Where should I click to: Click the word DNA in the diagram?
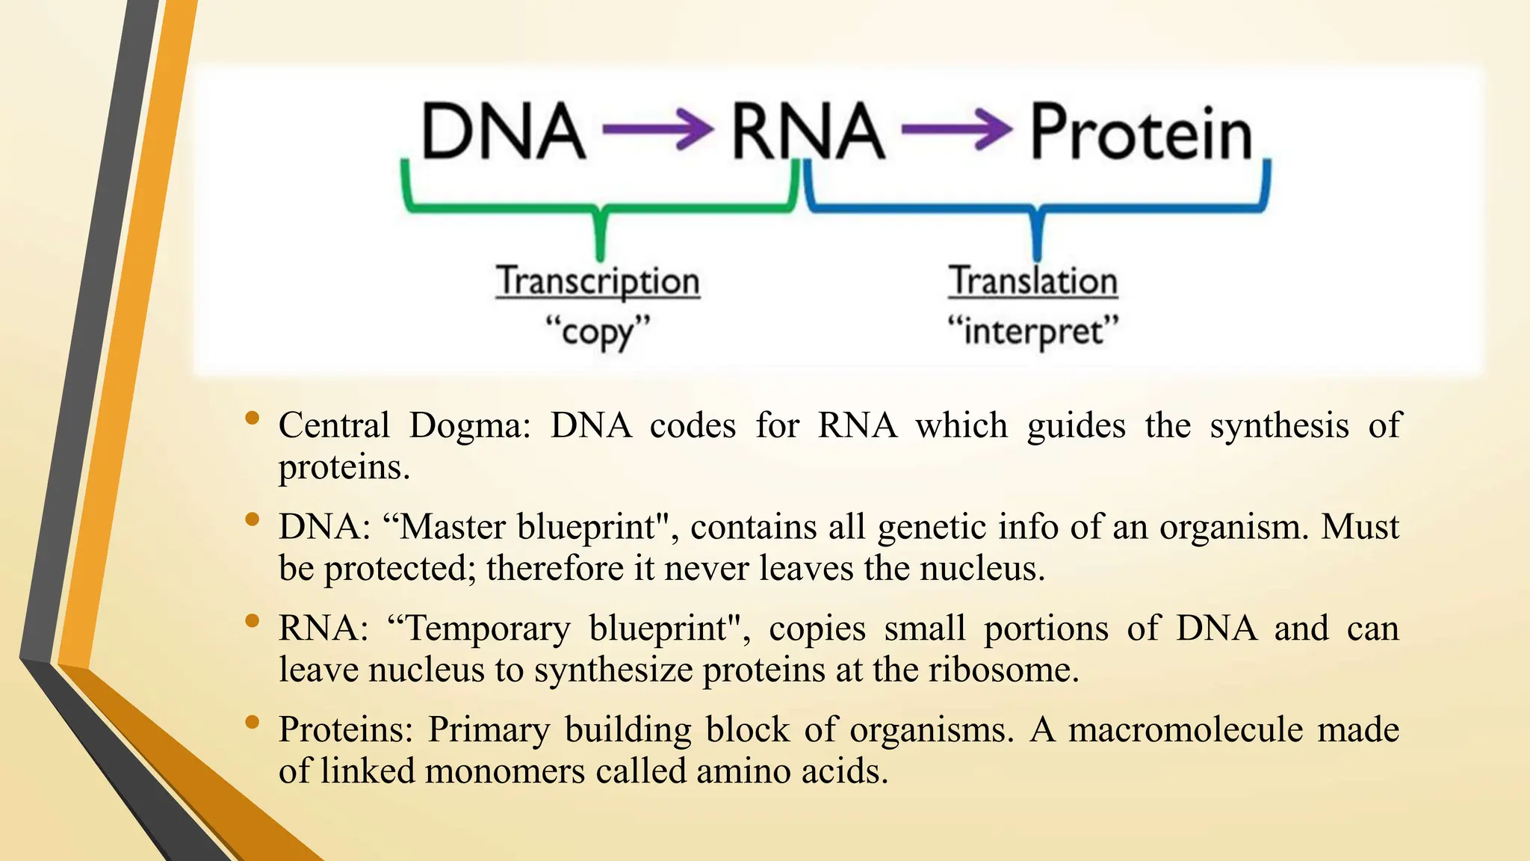(504, 132)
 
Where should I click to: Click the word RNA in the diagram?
(807, 132)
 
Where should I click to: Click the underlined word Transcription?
(598, 282)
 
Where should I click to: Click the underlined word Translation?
(1033, 282)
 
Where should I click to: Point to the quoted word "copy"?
(598, 331)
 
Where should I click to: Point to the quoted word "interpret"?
(1033, 331)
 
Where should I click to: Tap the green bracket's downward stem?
(600, 235)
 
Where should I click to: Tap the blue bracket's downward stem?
(1036, 235)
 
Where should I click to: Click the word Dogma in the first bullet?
(469, 426)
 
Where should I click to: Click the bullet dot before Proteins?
(253, 722)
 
